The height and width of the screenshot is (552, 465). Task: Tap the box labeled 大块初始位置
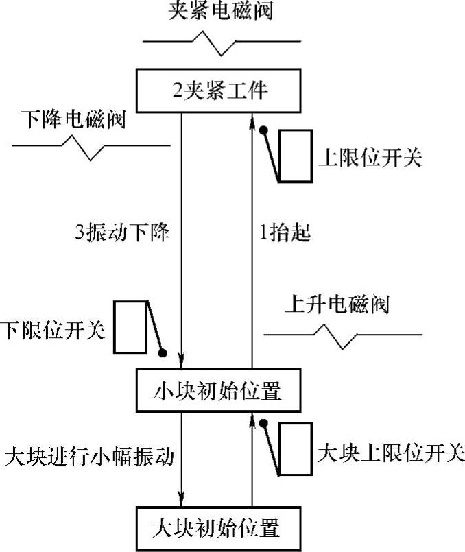219,529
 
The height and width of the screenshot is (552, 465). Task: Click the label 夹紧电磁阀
219,12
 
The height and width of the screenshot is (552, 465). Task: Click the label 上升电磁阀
336,304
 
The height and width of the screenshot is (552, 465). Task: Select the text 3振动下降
121,232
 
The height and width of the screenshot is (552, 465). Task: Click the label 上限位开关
370,158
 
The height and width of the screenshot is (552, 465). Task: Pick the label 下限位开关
53,331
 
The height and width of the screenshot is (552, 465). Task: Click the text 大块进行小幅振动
88,455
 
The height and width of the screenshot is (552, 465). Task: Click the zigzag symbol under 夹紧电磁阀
219,47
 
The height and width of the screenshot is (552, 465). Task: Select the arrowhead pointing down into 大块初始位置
182,500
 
